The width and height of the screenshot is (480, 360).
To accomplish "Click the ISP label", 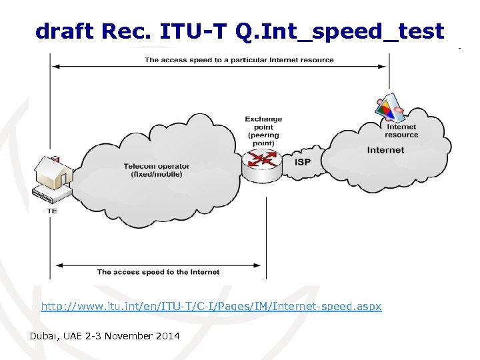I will [303, 161].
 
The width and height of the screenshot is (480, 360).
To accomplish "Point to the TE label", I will [52, 211].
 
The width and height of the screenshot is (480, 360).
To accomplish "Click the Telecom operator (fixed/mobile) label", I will [156, 170].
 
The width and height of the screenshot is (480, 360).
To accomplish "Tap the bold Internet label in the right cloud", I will [385, 150].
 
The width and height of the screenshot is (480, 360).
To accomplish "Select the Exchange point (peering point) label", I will [263, 131].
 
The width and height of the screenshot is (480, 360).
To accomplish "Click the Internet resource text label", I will [401, 131].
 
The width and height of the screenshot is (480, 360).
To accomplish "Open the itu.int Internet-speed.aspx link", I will [211, 307].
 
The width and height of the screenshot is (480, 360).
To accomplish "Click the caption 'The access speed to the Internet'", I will [158, 272].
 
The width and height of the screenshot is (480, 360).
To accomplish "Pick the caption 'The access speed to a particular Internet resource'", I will [239, 60].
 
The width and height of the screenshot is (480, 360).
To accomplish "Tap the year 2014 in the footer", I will [166, 337].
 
